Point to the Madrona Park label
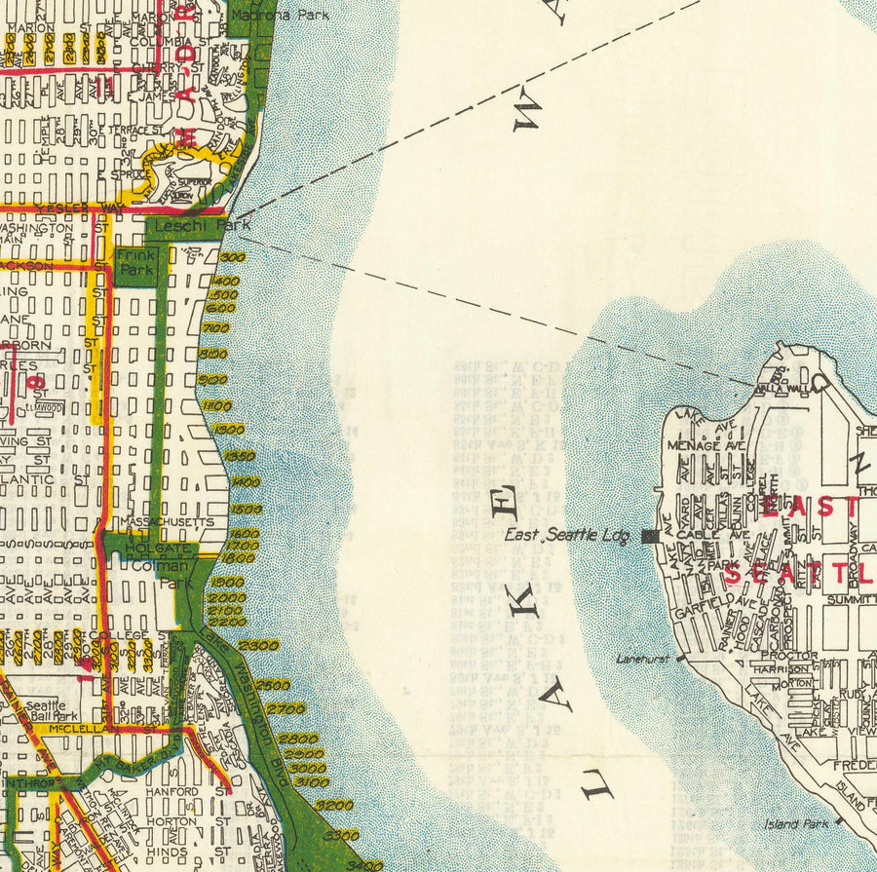281,15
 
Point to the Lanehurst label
643,659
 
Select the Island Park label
796,824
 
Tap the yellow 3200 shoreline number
334,805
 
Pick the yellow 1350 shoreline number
239,456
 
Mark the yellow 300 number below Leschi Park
231,257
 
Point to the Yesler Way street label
68,208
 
